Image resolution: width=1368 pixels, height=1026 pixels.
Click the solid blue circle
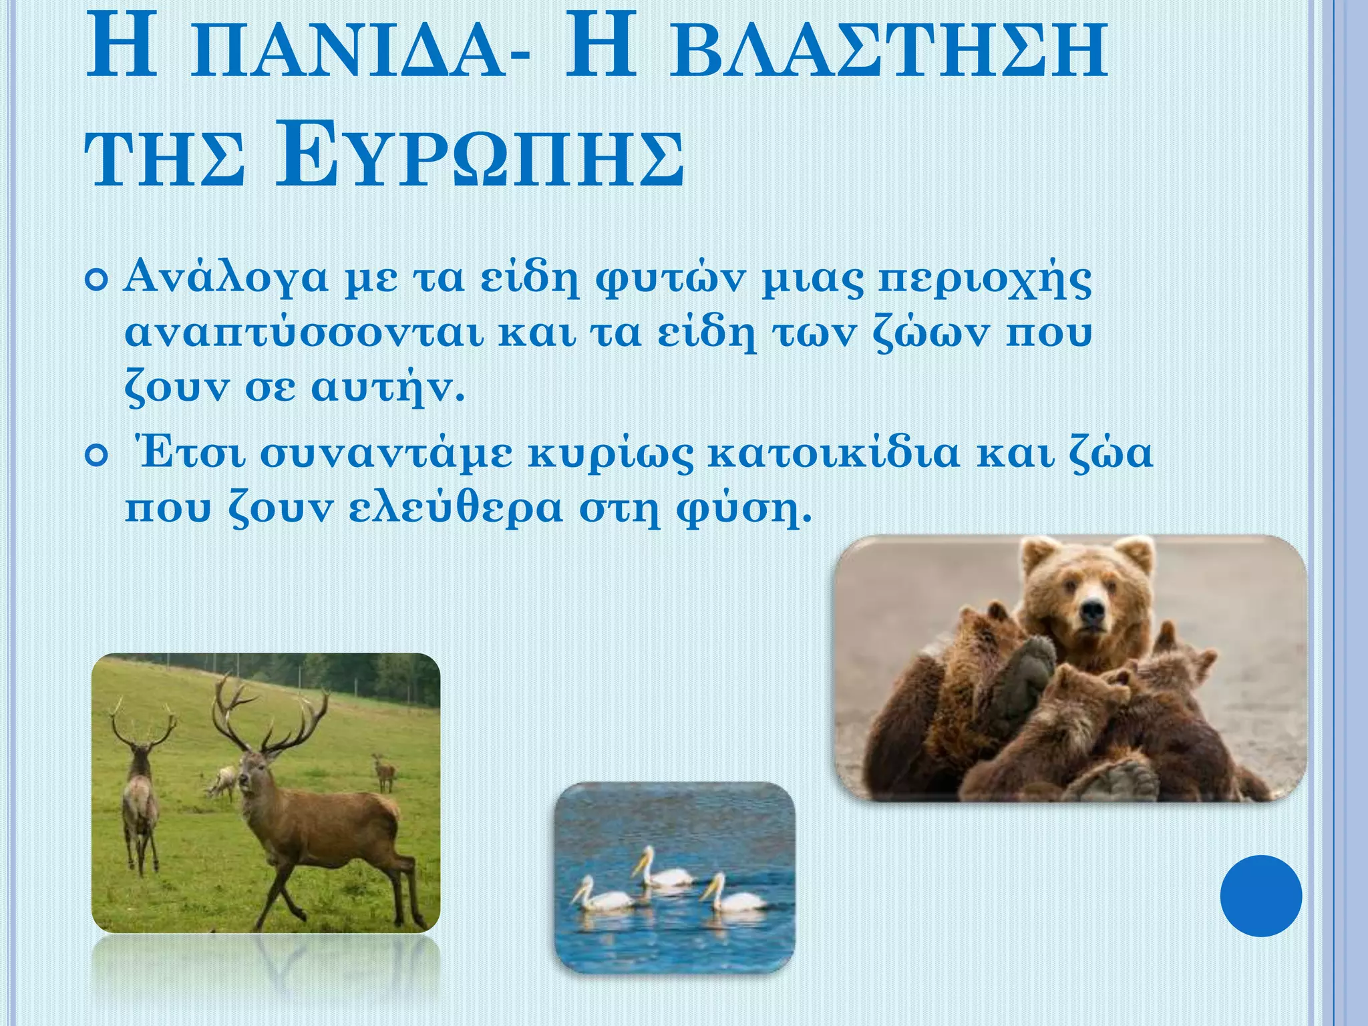point(1260,895)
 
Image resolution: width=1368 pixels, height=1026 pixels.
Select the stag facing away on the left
point(140,802)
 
